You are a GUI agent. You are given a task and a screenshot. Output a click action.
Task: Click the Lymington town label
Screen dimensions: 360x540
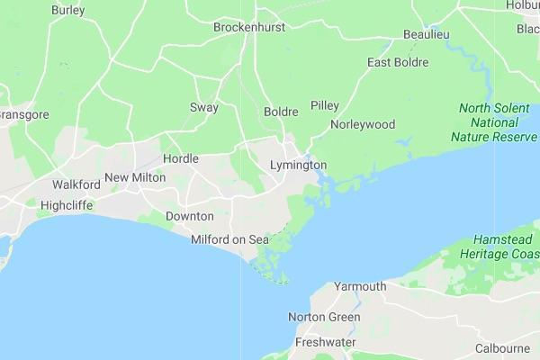point(298,166)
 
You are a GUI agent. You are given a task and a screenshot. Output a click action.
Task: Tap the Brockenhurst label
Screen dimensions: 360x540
point(249,27)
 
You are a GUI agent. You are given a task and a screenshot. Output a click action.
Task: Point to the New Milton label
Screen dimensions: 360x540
point(135,177)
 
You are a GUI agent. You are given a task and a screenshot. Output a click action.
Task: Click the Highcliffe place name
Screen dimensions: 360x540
point(67,205)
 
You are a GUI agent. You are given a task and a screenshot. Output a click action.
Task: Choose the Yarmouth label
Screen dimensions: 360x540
point(360,286)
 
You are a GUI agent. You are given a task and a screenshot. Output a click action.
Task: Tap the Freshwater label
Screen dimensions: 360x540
point(325,343)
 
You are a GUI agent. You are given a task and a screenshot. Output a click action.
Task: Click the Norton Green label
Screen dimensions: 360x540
point(324,317)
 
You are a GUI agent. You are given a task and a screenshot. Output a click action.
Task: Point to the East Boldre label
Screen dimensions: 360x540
point(398,62)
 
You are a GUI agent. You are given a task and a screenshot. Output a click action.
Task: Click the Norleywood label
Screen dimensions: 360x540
point(363,124)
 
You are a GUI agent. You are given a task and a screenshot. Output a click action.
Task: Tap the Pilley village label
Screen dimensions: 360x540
point(325,105)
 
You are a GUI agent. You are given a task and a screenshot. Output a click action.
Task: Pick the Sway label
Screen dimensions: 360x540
point(204,107)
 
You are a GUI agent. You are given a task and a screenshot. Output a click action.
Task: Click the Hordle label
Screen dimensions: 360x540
point(181,158)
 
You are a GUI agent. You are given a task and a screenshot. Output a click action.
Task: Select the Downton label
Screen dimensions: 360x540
point(189,216)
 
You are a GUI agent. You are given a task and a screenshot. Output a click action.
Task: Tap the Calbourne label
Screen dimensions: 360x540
point(502,348)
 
